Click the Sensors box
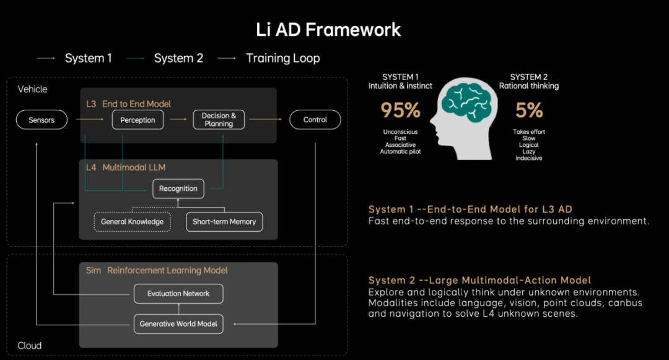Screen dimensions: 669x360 pyautogui.click(x=42, y=120)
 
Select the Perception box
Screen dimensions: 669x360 pyautogui.click(x=138, y=120)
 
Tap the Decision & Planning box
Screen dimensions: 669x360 pyautogui.click(x=219, y=120)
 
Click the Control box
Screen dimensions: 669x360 pyautogui.click(x=315, y=120)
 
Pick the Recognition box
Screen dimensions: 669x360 pyautogui.click(x=178, y=188)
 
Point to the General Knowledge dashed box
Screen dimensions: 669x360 pyautogui.click(x=133, y=222)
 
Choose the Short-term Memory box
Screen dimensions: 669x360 pyautogui.click(x=224, y=222)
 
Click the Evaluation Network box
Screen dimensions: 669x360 pyautogui.click(x=178, y=294)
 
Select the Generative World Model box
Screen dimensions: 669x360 pyautogui.click(x=178, y=324)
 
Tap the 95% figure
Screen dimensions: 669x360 pyautogui.click(x=400, y=110)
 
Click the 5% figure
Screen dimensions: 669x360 pyautogui.click(x=529, y=110)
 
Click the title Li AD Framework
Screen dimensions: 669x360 pyautogui.click(x=328, y=30)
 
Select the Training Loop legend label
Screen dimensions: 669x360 pyautogui.click(x=283, y=58)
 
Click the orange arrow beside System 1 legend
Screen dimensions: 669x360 pyautogui.click(x=46, y=58)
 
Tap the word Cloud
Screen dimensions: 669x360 pyautogui.click(x=30, y=346)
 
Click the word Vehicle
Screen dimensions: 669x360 pyautogui.click(x=32, y=89)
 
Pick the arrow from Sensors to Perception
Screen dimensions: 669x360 pyautogui.click(x=90, y=120)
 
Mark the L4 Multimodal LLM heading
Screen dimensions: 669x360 pyautogui.click(x=126, y=167)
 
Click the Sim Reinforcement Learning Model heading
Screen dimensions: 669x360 pyautogui.click(x=157, y=270)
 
